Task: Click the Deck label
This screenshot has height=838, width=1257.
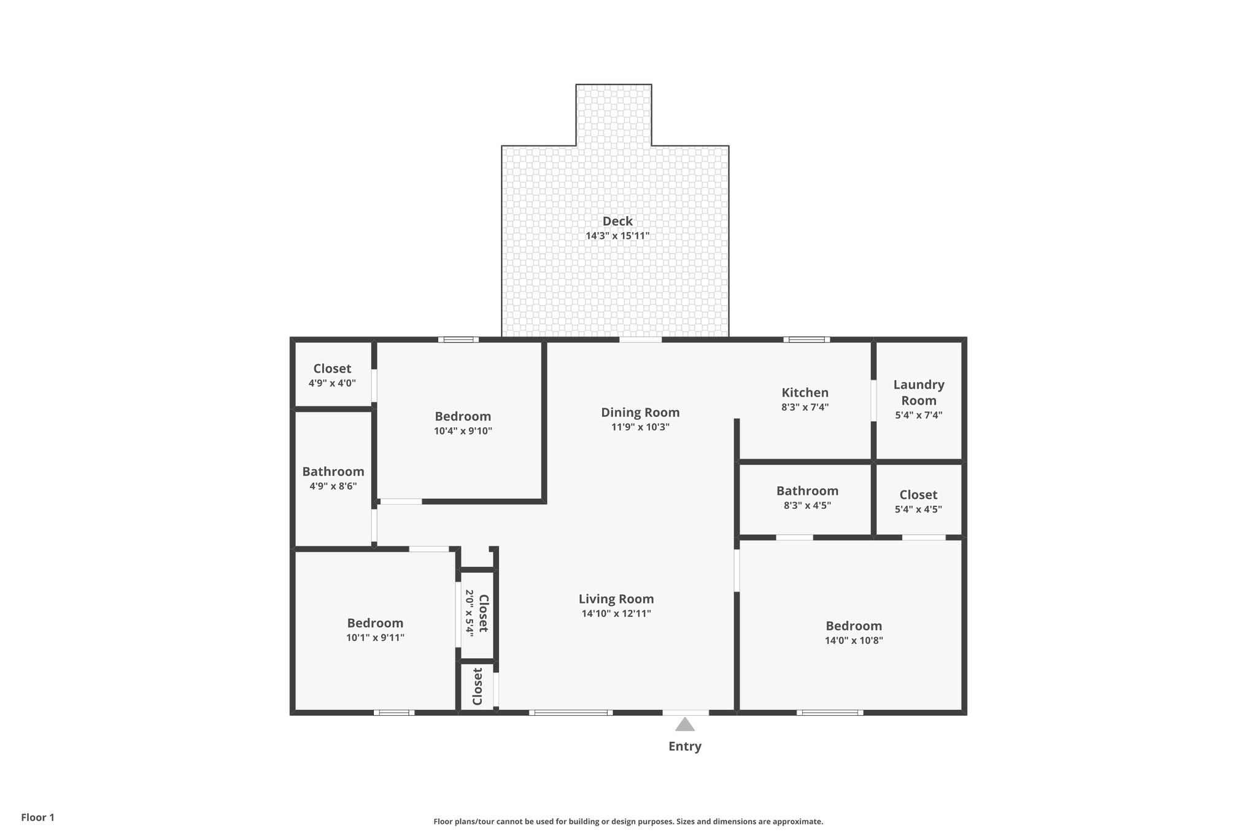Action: [617, 221]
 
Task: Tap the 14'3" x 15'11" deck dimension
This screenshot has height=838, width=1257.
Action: [617, 236]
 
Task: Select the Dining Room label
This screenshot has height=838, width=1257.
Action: [640, 413]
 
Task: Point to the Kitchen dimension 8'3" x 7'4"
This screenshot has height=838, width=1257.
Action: [805, 407]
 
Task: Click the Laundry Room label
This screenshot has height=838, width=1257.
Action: [918, 392]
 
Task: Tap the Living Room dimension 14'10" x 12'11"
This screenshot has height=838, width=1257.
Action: [616, 613]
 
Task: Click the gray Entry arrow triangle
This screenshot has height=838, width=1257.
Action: [685, 725]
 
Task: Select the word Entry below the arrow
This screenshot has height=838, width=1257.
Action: [684, 747]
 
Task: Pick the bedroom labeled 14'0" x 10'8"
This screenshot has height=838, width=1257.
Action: [853, 632]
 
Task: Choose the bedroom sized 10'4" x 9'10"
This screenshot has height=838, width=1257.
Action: [463, 423]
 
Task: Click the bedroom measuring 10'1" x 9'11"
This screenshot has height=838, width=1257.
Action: [375, 630]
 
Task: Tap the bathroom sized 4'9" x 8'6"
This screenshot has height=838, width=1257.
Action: [333, 478]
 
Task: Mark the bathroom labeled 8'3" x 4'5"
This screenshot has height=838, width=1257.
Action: [806, 497]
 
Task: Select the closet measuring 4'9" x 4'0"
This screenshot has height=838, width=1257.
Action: [332, 375]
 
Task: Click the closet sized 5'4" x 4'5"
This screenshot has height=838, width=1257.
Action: [918, 501]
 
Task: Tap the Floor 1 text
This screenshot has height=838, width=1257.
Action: [37, 818]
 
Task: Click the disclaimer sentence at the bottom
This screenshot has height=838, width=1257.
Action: [628, 821]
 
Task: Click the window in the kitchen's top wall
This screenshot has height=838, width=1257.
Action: [806, 339]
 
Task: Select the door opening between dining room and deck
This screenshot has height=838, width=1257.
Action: [640, 339]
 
